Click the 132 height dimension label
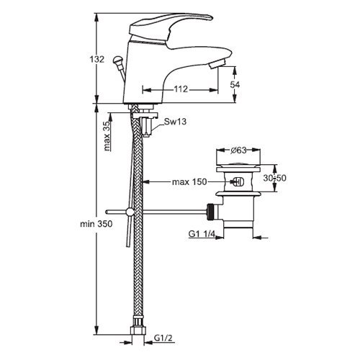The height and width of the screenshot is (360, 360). point(97,59)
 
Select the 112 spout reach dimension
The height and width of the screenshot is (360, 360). point(181,89)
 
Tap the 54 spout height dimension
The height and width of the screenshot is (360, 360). point(235,84)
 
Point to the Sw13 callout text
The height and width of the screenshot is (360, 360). point(175,122)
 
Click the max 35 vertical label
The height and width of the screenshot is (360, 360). point(107,136)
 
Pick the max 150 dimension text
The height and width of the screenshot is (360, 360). point(189,182)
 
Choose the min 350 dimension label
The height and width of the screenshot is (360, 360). point(96,224)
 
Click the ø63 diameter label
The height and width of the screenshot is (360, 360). point(238,150)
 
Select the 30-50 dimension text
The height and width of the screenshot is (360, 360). point(274,178)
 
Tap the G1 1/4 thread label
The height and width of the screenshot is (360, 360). point(202,233)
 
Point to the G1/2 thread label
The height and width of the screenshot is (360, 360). point(163,338)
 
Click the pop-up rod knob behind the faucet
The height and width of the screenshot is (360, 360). point(117,60)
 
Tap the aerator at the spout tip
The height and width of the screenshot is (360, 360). point(217,64)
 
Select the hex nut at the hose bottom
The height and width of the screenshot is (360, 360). point(138,330)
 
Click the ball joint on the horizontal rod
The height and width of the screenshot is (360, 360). point(130,212)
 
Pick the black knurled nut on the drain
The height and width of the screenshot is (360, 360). point(210,212)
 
